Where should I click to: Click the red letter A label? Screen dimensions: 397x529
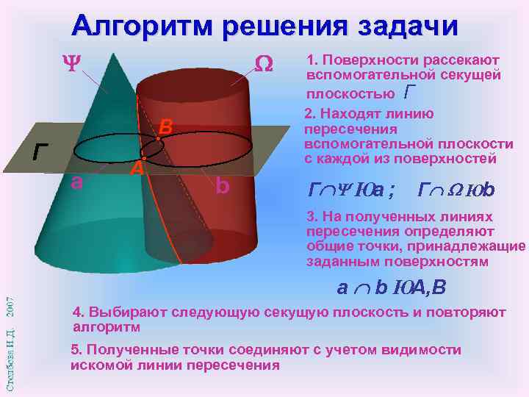135,168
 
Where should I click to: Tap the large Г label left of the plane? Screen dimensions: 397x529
42,152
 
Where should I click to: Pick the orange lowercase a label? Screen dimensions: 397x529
76,182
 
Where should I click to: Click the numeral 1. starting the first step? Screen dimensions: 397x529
312,60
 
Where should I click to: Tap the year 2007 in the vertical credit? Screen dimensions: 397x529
10,306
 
